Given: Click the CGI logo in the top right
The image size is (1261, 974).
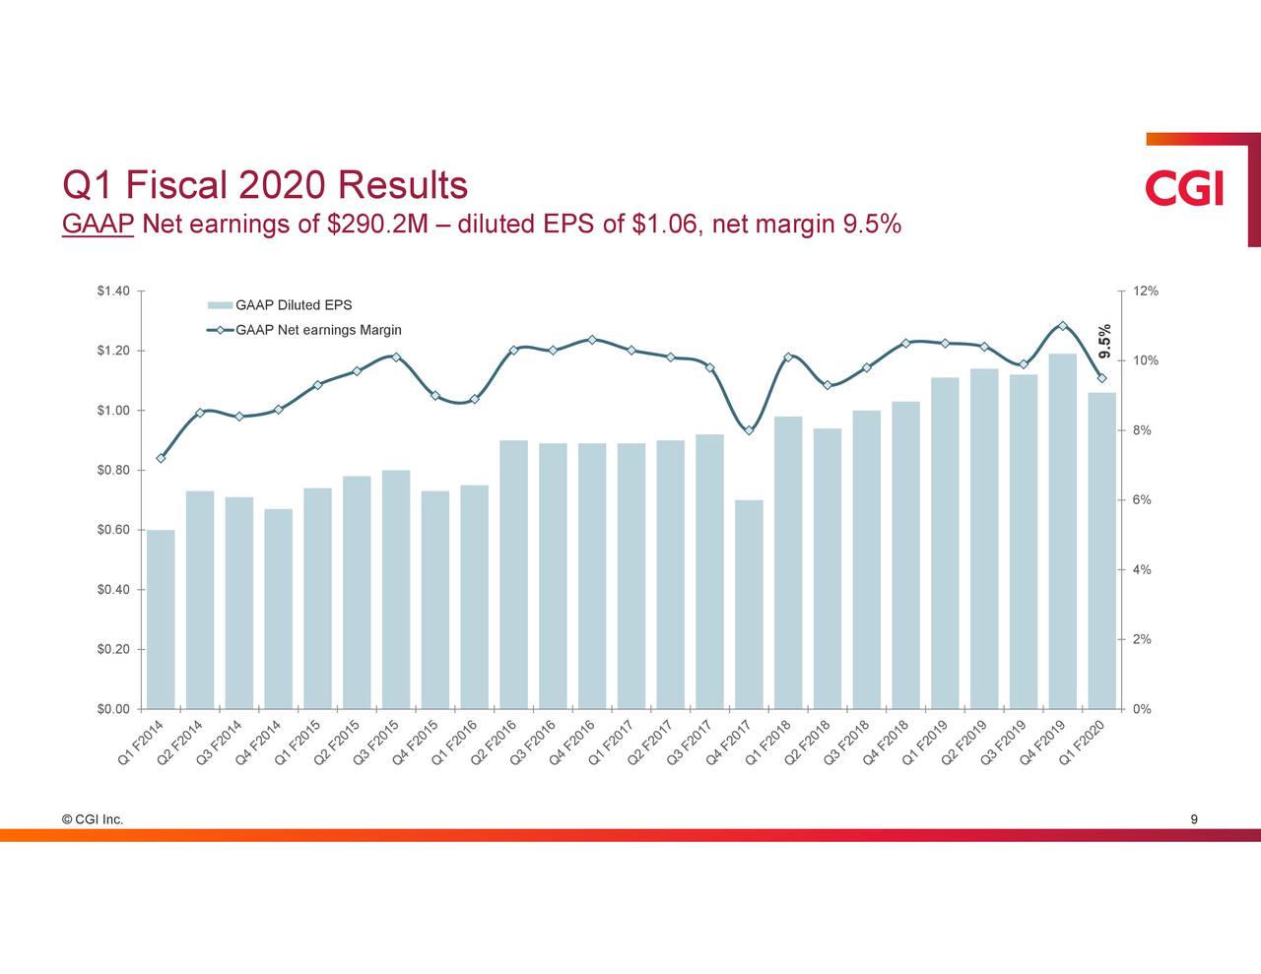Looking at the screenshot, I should (1184, 188).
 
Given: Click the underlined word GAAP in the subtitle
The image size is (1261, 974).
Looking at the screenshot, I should (97, 226).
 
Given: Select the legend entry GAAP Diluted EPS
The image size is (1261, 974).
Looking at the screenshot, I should (294, 305).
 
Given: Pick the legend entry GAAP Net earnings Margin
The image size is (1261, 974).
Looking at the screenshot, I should (317, 330).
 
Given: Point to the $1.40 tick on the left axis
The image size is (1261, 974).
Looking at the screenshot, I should (113, 291).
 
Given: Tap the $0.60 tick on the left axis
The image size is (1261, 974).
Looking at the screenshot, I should (113, 530).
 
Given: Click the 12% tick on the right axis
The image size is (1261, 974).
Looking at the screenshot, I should (1146, 291).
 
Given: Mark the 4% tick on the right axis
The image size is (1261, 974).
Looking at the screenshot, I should (1142, 570).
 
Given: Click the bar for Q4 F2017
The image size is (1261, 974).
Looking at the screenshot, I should (749, 604).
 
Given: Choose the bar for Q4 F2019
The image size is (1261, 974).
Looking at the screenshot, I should (1062, 531).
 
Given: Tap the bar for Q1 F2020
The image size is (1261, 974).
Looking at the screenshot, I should (1101, 551).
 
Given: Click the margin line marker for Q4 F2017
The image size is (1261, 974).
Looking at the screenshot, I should (749, 430).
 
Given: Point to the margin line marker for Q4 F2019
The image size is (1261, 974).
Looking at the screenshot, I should (1062, 326).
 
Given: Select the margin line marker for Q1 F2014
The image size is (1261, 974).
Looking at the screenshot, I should (161, 458).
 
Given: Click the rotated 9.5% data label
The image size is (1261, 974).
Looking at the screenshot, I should (1105, 341).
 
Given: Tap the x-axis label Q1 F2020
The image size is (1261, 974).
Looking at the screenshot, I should (1090, 743).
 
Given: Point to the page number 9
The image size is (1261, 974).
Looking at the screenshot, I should (1194, 819).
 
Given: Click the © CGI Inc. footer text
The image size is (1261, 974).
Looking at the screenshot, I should (92, 819).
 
